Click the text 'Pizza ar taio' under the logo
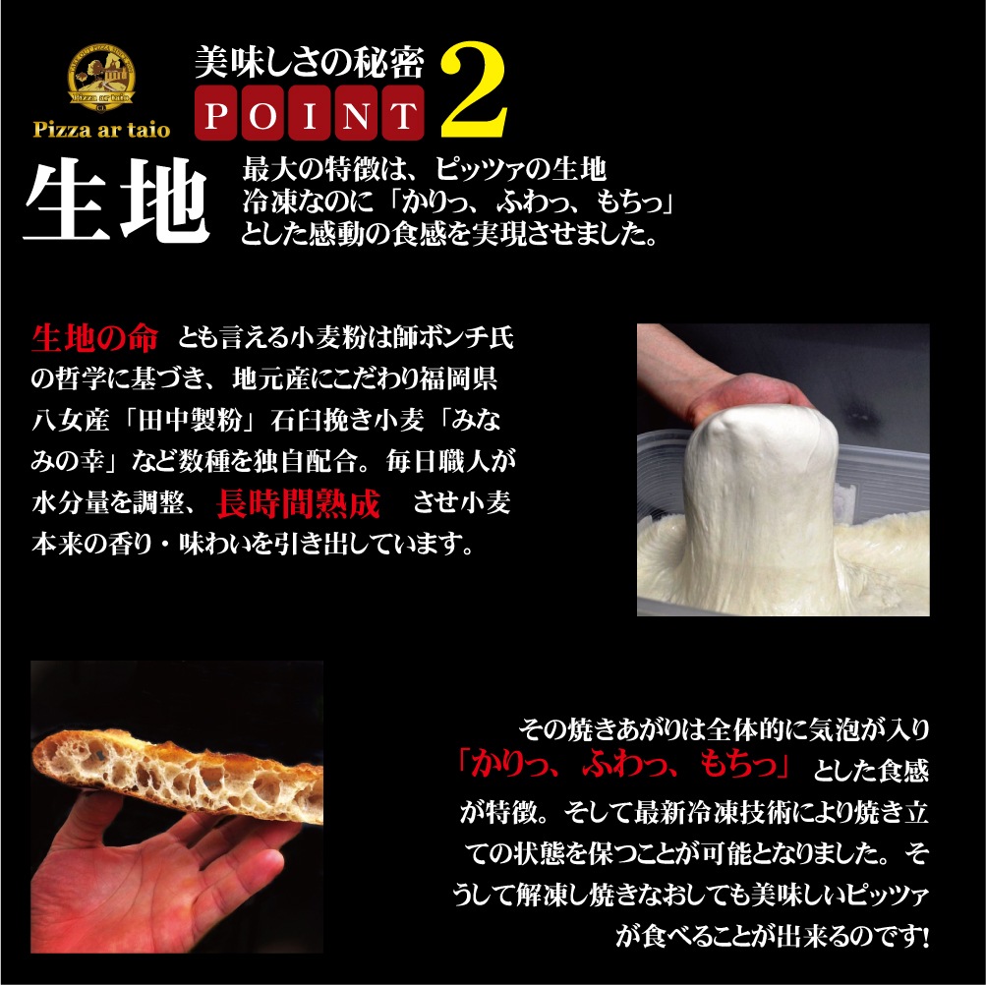[102, 130]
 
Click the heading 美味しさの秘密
[310, 64]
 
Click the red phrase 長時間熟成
[297, 505]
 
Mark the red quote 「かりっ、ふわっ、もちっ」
[625, 763]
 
